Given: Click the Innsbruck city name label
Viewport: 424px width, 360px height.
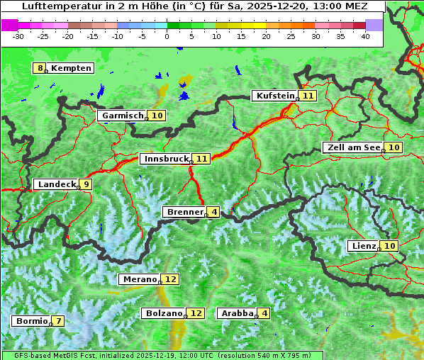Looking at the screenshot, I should point(164,159).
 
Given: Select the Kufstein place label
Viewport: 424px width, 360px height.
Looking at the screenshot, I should point(274,96).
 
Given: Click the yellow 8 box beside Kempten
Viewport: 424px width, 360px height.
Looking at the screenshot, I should point(40,68).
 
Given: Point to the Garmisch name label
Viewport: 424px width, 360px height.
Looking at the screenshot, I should point(121,116).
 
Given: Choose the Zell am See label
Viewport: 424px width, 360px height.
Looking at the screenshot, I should point(352,147).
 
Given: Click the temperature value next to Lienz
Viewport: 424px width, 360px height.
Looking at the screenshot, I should point(391,246).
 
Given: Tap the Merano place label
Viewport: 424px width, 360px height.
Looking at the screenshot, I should point(138,279).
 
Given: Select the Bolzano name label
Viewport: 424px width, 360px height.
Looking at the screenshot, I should point(163,313).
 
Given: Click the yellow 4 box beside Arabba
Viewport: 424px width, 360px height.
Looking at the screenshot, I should point(264,313).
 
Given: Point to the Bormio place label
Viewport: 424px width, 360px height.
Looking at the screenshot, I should point(31,321).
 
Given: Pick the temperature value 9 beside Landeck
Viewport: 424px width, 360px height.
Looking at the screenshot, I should point(86,184).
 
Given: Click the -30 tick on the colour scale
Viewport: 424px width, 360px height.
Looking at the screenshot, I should point(18,36).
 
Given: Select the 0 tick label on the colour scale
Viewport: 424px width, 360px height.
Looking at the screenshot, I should point(167,36).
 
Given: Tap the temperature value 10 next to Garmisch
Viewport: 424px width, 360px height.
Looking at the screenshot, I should point(157,116).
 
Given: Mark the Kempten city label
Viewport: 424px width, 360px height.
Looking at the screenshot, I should point(72,68).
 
